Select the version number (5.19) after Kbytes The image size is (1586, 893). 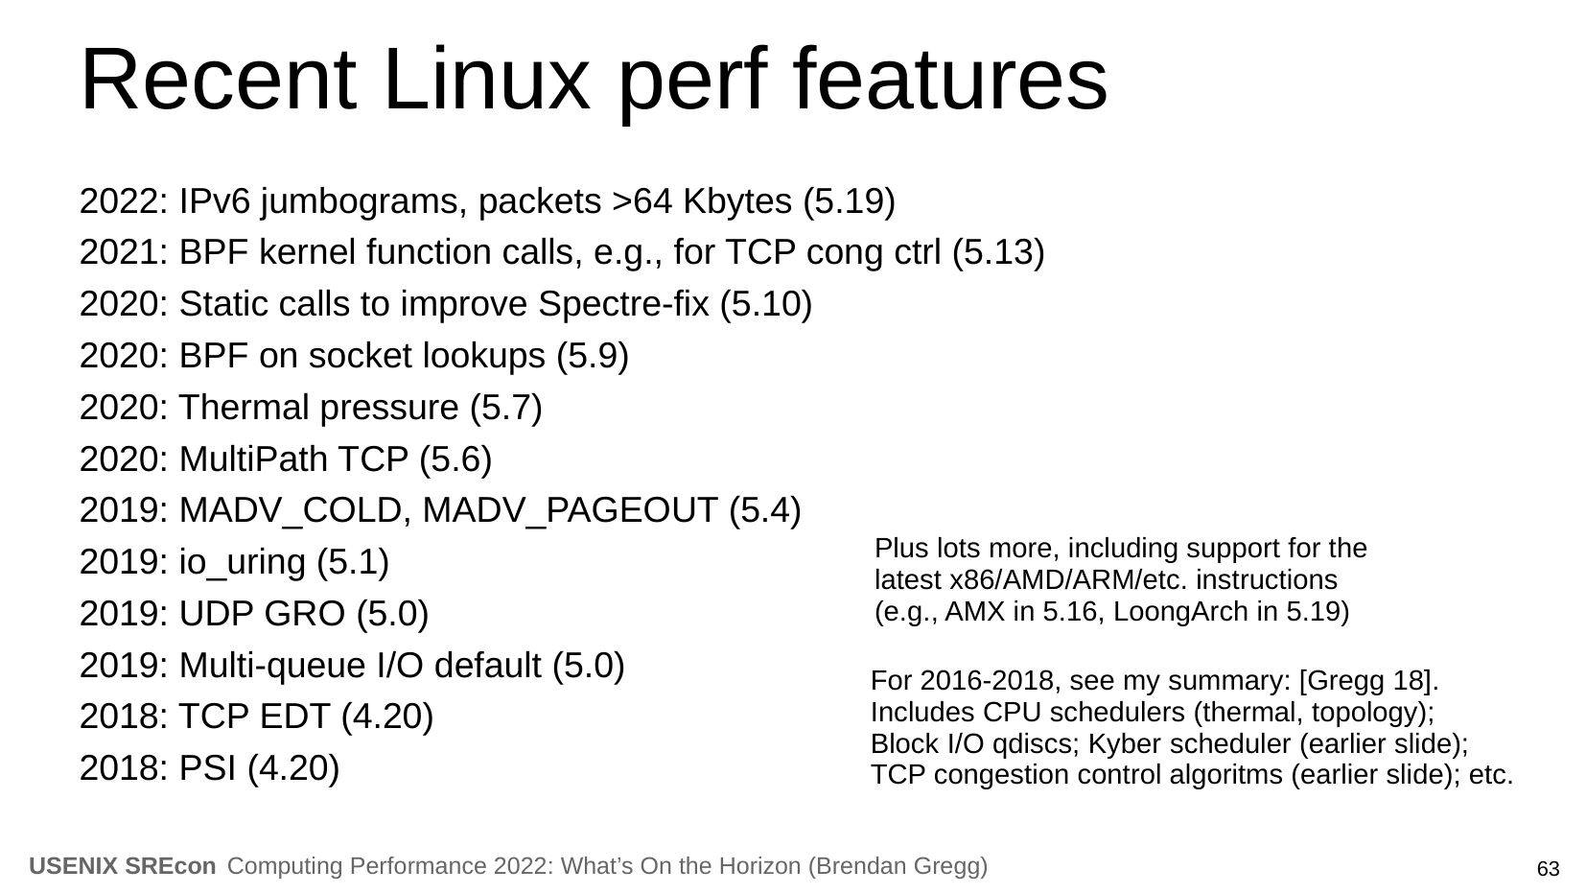(849, 201)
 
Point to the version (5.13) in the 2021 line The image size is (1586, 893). (998, 253)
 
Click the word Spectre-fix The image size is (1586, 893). (623, 305)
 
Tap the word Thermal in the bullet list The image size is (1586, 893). (244, 408)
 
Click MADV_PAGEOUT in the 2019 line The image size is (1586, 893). (570, 511)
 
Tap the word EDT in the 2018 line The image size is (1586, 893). (293, 717)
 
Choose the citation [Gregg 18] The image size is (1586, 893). (1368, 681)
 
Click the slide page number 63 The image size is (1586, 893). (1548, 869)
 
